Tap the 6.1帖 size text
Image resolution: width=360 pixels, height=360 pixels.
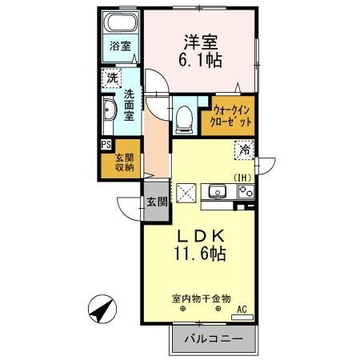pos(199,58)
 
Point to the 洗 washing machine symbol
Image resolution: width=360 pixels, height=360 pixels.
pos(111,79)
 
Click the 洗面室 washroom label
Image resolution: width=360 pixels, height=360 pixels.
pos(129,103)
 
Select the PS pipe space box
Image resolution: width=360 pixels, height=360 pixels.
pos(106,144)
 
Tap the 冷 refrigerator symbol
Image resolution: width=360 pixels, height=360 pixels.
pos(246,147)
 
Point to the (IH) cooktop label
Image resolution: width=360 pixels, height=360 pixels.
pos(242,178)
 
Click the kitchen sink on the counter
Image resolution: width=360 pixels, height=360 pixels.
pos(217,191)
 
